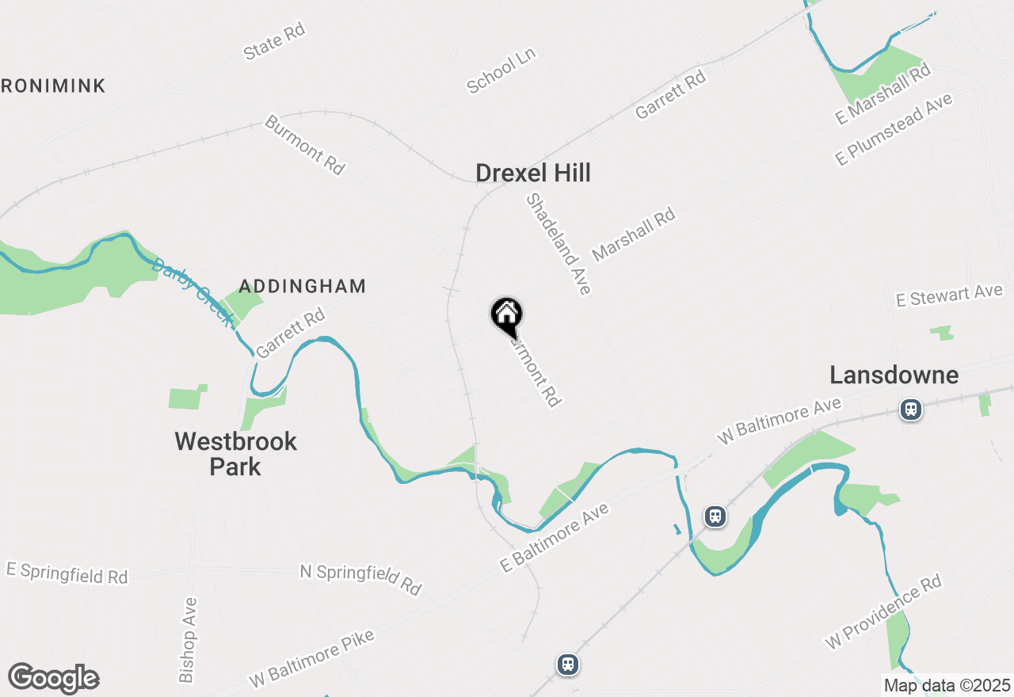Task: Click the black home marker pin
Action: click(507, 316)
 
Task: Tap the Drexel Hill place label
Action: click(533, 173)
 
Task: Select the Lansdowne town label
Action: click(894, 375)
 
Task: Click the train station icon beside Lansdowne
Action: click(911, 409)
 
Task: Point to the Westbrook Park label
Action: click(235, 454)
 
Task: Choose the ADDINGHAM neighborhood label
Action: click(302, 286)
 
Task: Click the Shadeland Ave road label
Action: click(558, 244)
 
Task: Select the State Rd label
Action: click(274, 41)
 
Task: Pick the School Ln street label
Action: click(501, 70)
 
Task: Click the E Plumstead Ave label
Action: click(894, 130)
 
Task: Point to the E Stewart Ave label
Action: click(949, 296)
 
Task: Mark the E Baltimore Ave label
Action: click(555, 538)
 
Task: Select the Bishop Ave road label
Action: click(188, 640)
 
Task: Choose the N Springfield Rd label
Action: click(360, 579)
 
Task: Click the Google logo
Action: click(53, 679)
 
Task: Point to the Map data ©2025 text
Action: click(947, 685)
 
